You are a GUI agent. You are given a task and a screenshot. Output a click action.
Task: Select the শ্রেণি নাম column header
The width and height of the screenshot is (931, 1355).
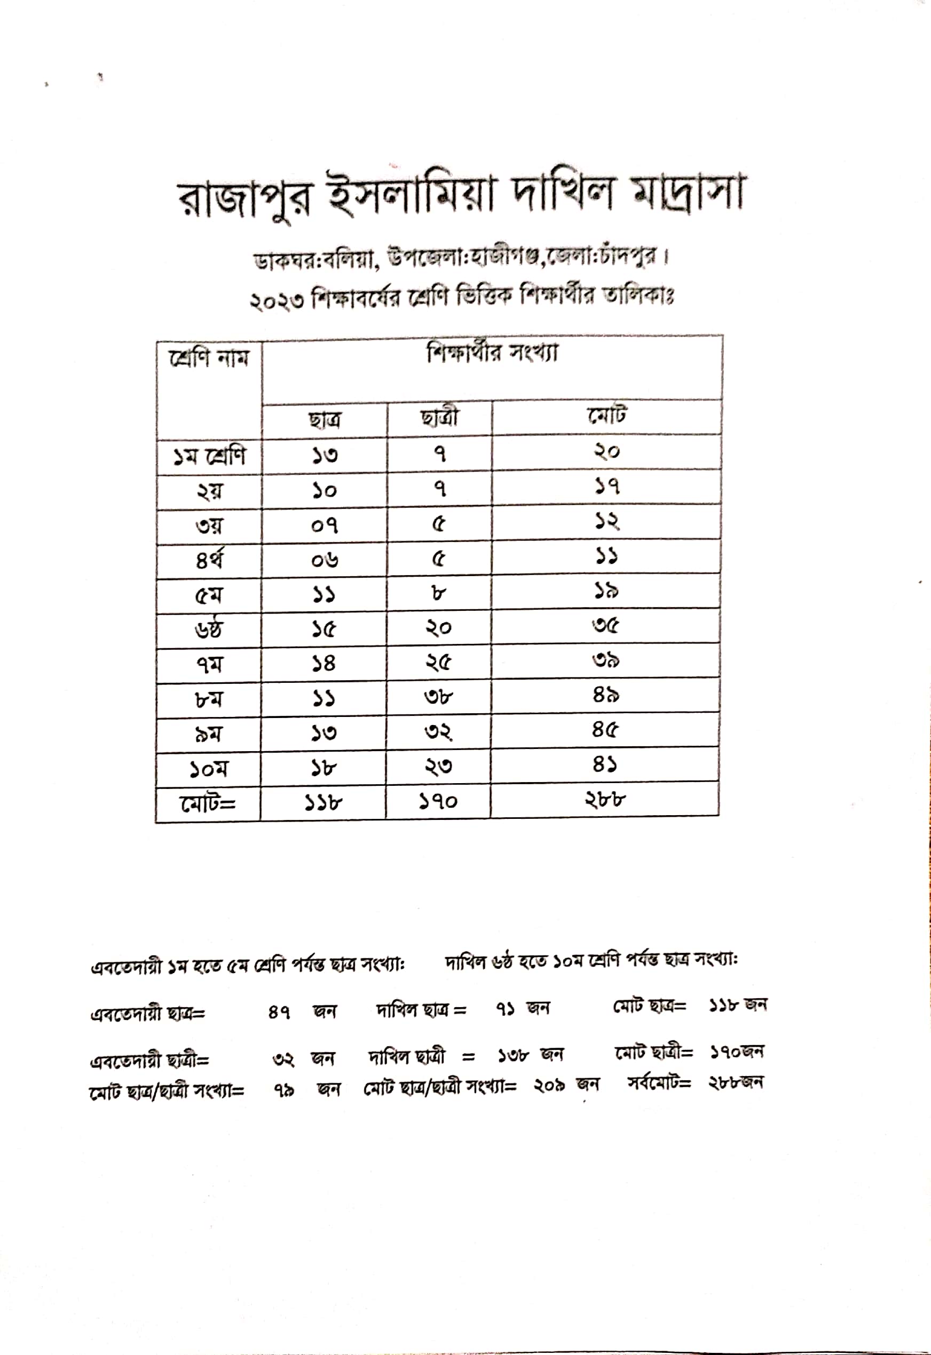pos(209,357)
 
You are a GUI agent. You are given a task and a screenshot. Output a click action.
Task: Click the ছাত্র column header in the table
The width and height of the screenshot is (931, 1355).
pos(325,420)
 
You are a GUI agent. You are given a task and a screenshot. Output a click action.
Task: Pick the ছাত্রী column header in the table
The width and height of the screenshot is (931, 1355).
pos(439,418)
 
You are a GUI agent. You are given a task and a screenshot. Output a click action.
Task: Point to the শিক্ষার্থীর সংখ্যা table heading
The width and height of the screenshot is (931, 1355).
pos(492,353)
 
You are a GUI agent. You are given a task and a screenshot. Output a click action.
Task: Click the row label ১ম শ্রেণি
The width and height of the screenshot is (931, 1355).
pos(209,456)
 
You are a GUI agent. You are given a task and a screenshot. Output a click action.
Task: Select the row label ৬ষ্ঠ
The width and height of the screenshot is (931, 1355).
pos(209,629)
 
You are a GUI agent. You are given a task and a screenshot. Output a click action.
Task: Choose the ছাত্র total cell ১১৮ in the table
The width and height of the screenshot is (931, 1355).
pos(323,803)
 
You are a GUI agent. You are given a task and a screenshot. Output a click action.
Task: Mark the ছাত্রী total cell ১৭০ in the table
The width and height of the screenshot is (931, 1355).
pos(438,802)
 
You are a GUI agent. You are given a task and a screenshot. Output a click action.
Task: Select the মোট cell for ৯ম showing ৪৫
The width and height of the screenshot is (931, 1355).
pos(605,729)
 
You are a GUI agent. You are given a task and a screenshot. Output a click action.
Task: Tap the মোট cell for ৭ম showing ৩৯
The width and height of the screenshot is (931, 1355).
pos(605,660)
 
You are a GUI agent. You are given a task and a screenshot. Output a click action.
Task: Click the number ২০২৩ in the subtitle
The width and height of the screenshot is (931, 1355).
pos(277,302)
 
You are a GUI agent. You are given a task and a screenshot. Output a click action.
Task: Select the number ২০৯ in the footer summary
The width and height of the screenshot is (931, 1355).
pos(549,1085)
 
